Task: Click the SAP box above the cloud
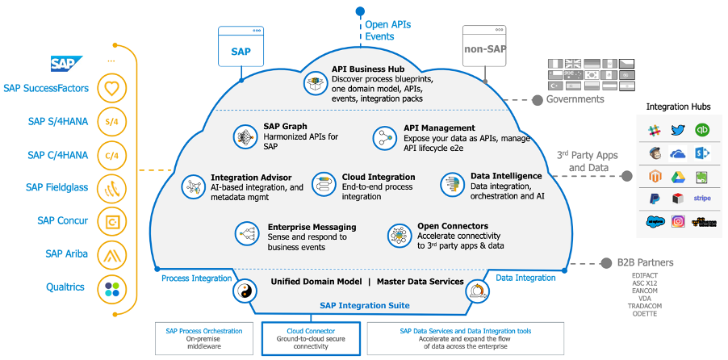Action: pyautogui.click(x=241, y=49)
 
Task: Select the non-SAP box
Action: pyautogui.click(x=485, y=49)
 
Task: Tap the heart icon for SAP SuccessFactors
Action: pyautogui.click(x=111, y=87)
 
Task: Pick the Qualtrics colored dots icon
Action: pyautogui.click(x=111, y=288)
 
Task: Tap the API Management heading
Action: pyautogui.click(x=439, y=128)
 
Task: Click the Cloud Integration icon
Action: pyautogui.click(x=323, y=184)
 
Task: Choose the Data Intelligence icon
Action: pyautogui.click(x=450, y=184)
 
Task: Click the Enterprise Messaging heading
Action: pyautogui.click(x=312, y=227)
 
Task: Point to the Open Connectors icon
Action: pyautogui.click(x=398, y=235)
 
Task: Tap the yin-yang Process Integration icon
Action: pyautogui.click(x=242, y=291)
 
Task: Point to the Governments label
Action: pyautogui.click(x=575, y=99)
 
